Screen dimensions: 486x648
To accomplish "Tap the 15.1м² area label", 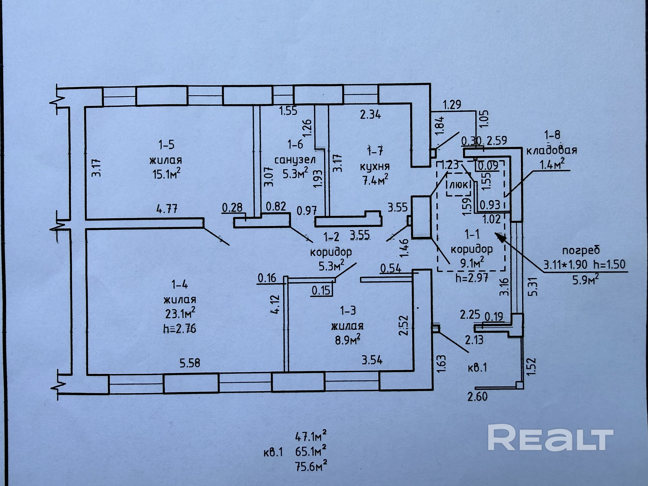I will pos(166,175).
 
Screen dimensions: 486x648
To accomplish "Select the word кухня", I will pos(375,167).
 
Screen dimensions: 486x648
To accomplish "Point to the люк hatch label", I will pos(459,185).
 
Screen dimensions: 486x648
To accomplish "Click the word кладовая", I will pos(551,150).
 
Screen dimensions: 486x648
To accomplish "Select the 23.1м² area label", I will pos(180,314).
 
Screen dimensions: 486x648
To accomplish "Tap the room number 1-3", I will pos(348,311).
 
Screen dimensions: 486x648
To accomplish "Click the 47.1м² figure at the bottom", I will pos(310,437).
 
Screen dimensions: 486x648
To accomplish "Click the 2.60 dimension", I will pos(477,396).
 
